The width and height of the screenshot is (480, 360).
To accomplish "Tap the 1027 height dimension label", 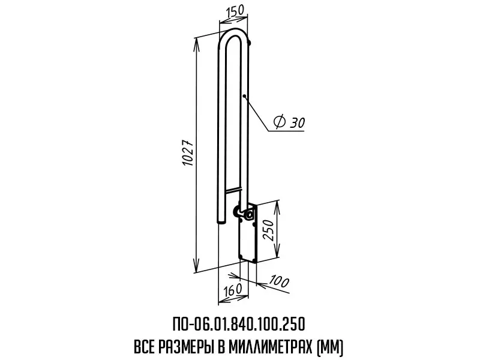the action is click(x=188, y=153).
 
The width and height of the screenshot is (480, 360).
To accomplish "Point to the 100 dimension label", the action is click(x=279, y=281).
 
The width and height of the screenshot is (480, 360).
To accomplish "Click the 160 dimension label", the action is click(x=232, y=289).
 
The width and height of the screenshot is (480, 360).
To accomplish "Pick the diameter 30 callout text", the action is click(x=290, y=122).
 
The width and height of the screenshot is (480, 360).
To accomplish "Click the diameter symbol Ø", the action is click(x=280, y=122).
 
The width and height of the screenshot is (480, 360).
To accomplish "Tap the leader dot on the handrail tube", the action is click(x=244, y=96).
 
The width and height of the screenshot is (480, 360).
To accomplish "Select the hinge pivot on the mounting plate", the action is click(x=250, y=215).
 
